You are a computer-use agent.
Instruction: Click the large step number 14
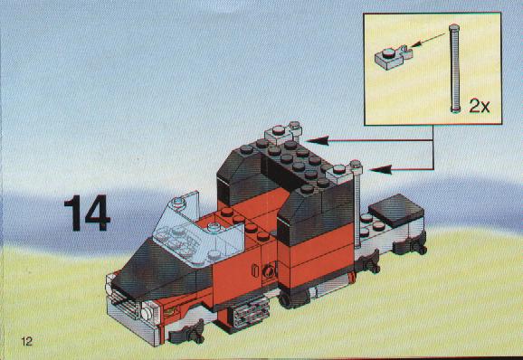87,213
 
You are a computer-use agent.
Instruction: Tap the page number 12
26,341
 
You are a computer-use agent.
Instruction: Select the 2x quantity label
480,106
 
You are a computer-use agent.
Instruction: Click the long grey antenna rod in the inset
454,68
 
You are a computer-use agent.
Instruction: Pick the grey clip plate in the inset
393,58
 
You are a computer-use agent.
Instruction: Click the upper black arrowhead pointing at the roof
318,141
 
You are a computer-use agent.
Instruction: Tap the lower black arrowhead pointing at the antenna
381,169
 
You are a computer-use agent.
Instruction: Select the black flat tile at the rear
396,211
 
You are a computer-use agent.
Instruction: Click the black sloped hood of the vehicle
160,270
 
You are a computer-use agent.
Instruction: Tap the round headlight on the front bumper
146,314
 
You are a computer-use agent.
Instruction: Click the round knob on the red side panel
268,271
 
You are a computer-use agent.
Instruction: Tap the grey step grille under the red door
250,312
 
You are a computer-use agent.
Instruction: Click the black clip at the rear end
410,243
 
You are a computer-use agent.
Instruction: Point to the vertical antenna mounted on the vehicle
357,205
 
